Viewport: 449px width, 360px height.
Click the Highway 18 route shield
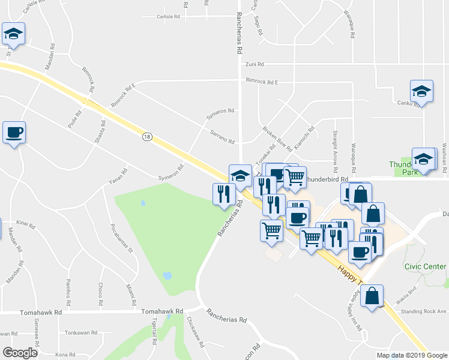point(147,137)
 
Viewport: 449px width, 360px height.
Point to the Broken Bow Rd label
point(277,139)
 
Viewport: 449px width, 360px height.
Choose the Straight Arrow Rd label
point(334,148)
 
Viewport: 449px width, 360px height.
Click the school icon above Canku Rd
point(421,92)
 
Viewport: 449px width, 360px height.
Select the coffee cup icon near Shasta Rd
point(14,133)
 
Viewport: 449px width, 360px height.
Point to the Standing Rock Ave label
point(424,311)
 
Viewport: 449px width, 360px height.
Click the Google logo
point(20,353)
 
